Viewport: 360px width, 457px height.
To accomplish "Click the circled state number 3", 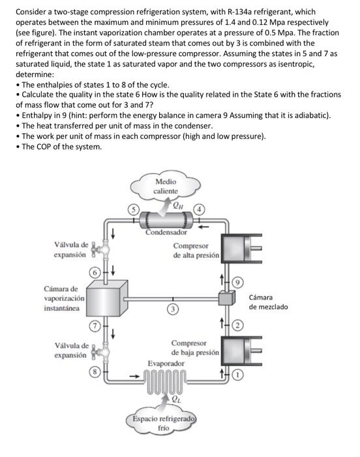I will tap(173, 309).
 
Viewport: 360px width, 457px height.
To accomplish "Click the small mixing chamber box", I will tap(226, 299).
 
